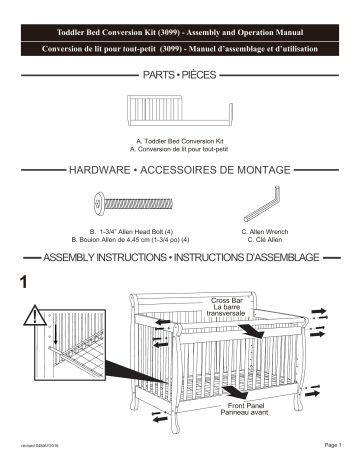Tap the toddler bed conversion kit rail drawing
point(179,108)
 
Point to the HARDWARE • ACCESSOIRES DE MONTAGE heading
point(180,172)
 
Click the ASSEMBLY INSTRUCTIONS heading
point(180,258)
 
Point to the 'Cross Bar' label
point(226,300)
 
